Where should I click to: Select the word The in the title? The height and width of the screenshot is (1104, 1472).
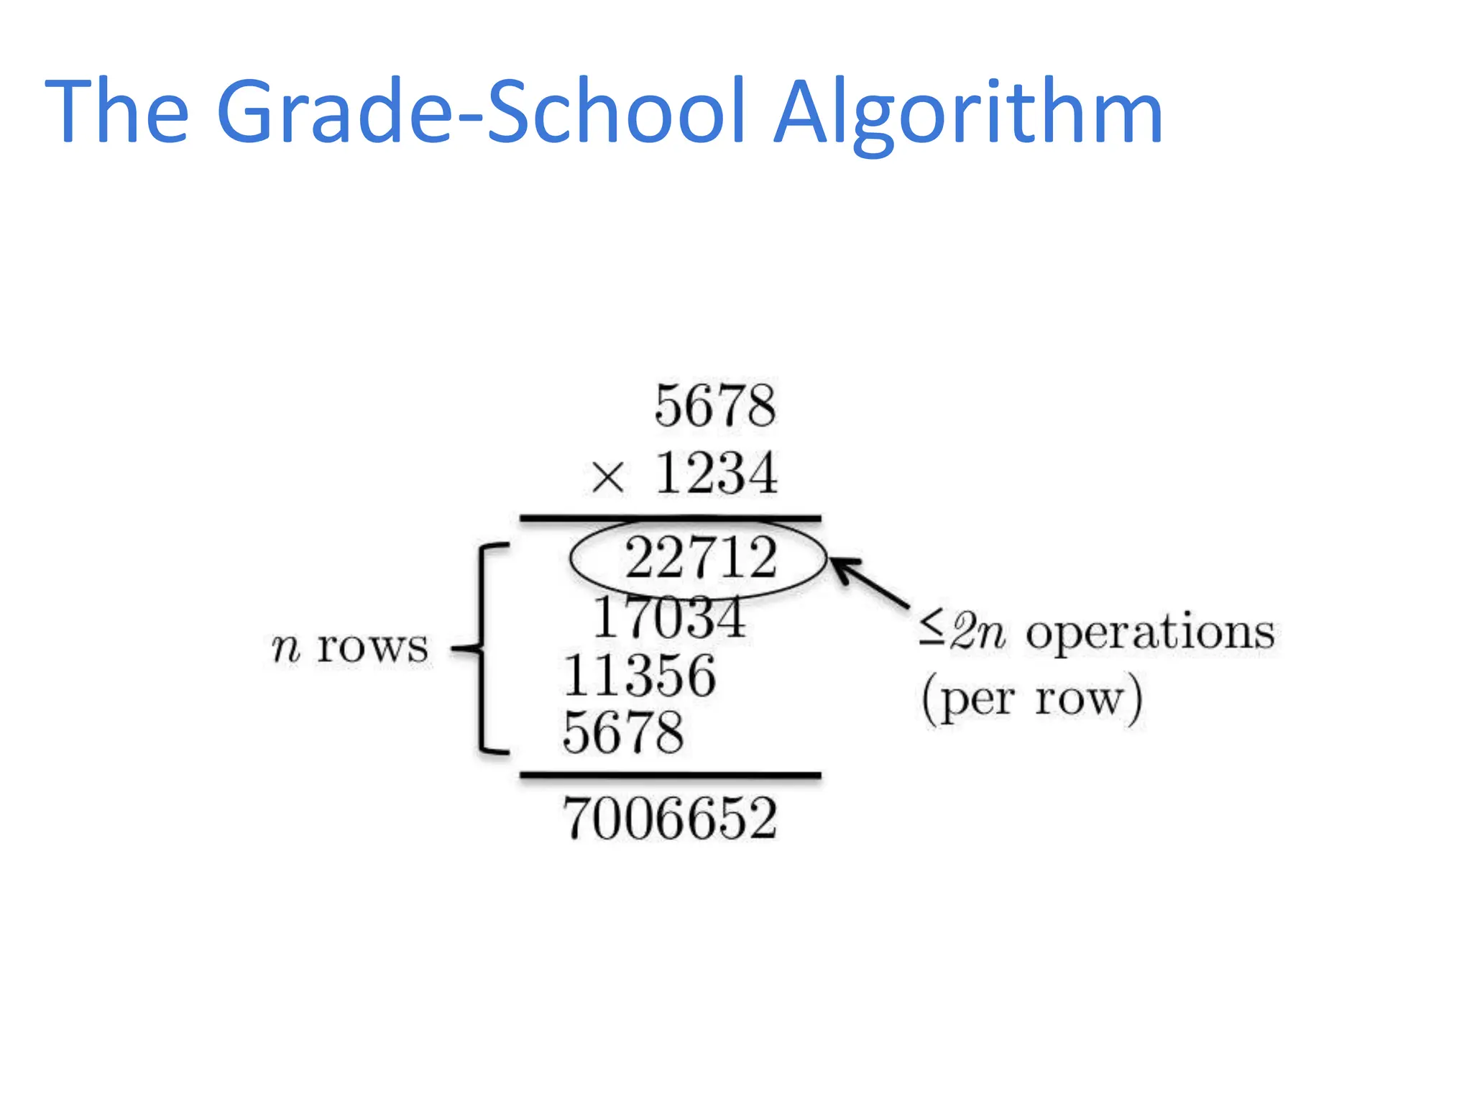click(117, 111)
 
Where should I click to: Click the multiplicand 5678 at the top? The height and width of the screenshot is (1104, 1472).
click(715, 406)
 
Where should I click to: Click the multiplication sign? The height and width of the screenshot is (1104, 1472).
click(607, 477)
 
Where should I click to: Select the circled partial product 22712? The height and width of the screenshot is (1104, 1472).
click(701, 558)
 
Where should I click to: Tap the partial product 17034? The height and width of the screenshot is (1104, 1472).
click(669, 617)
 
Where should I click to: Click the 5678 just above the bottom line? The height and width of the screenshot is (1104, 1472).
click(623, 732)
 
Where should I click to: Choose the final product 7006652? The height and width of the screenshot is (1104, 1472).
click(670, 819)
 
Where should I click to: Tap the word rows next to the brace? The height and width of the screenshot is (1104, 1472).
click(372, 647)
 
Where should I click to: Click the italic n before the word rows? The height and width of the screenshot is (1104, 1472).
click(285, 648)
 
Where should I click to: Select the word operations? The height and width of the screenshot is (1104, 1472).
click(1150, 633)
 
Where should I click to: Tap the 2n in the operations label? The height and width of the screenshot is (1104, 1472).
click(977, 632)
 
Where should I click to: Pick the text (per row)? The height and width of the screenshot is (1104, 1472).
click(1032, 699)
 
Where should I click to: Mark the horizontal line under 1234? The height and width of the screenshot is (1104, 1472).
click(670, 517)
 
